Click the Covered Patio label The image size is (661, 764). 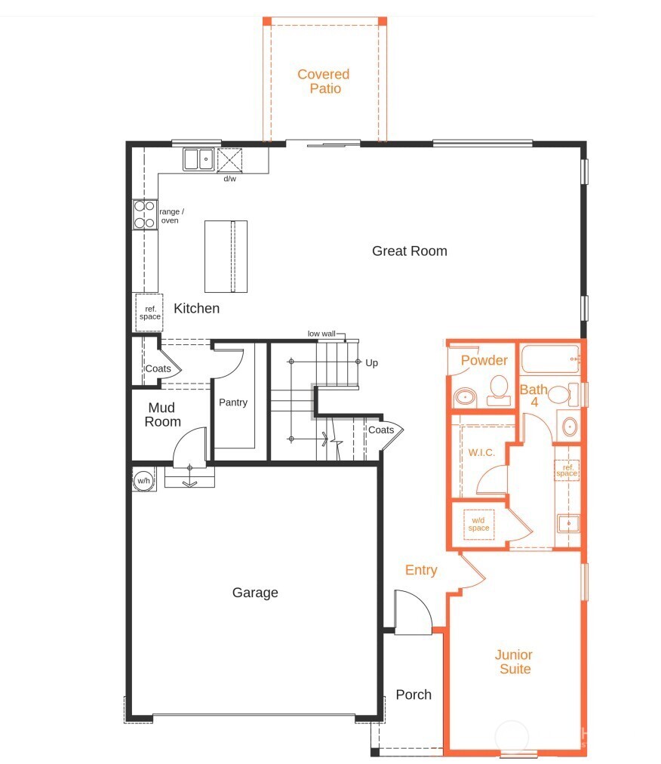323,82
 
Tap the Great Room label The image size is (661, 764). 409,251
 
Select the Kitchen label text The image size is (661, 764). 196,308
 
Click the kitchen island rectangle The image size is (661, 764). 226,256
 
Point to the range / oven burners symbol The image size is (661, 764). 145,214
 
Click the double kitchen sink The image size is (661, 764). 198,159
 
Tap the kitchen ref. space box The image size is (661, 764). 149,313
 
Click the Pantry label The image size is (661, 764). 233,402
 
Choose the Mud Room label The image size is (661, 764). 163,415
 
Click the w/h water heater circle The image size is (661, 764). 143,479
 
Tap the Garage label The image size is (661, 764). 255,593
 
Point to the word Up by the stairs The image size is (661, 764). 371,362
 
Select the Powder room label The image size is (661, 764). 484,360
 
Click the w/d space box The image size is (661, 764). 478,523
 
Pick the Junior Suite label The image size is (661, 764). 514,662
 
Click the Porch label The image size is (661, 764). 414,695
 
